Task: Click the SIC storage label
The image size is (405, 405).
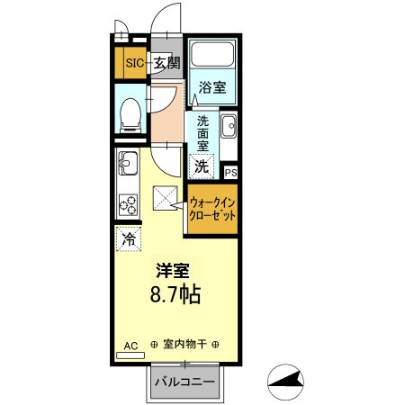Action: tap(134, 63)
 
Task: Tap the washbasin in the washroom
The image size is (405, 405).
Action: tap(228, 126)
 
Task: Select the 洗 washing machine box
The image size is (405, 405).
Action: tap(202, 166)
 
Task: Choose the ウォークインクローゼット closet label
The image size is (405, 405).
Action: tap(212, 210)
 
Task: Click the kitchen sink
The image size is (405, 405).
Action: tap(126, 165)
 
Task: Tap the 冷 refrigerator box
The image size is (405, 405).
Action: tap(128, 239)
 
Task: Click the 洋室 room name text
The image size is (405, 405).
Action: tap(174, 269)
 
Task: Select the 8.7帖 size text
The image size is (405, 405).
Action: tap(174, 293)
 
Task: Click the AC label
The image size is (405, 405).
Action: tap(130, 345)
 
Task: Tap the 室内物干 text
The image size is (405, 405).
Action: tap(184, 345)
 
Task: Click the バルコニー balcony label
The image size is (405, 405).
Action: tap(184, 382)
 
